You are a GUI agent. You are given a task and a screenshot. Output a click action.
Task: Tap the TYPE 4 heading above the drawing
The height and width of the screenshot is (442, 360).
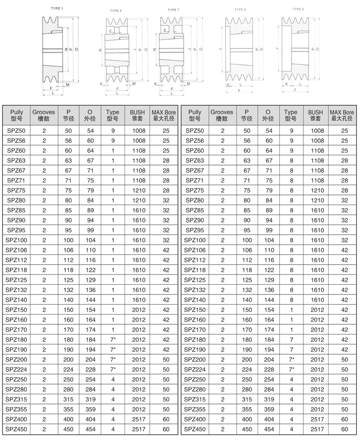pyautogui.click(x=116, y=10)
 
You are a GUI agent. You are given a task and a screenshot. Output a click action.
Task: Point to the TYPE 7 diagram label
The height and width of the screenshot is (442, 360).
pyautogui.click(x=173, y=10)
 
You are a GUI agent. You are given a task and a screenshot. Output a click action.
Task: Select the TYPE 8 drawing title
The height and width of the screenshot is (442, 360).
pyautogui.click(x=240, y=9)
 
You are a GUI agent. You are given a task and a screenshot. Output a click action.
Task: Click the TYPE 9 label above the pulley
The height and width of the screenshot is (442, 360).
pyautogui.click(x=298, y=9)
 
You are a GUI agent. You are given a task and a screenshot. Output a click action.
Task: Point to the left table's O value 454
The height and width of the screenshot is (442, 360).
pyautogui.click(x=90, y=429)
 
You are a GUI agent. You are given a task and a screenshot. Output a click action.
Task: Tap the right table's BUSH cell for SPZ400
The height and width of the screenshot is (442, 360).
pyautogui.click(x=317, y=420)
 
